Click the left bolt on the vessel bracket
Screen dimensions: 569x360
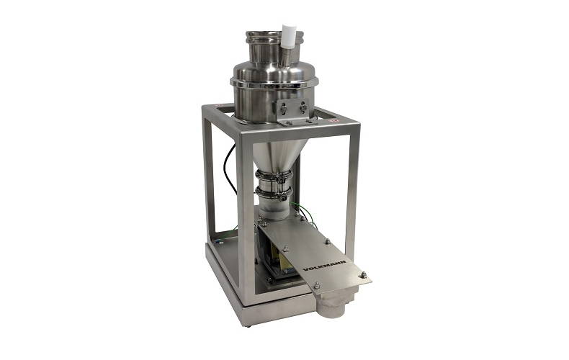click(285, 107)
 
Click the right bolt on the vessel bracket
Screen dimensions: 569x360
click(303, 107)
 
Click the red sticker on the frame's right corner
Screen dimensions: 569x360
click(333, 120)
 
